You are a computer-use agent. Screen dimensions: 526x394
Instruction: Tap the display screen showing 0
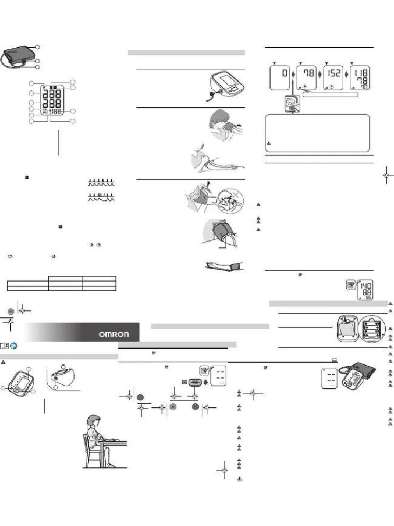coord(279,79)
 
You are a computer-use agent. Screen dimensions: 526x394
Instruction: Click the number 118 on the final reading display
coord(361,72)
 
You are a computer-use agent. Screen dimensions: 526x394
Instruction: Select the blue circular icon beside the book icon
coord(13,345)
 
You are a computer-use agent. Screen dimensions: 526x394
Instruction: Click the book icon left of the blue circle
coord(5,345)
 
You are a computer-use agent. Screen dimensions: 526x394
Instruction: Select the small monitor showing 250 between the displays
coord(290,102)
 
